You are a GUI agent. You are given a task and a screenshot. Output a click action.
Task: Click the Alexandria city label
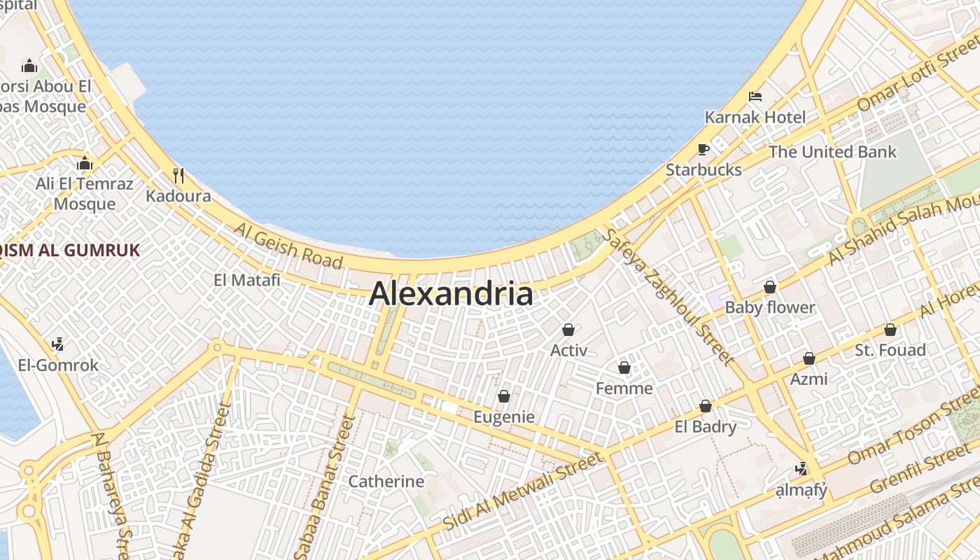coord(451,294)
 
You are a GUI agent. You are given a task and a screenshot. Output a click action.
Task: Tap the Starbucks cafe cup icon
coord(703,150)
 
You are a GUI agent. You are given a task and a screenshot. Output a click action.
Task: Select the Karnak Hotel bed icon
coord(755,97)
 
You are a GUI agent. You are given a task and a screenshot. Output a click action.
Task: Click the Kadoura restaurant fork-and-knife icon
coord(178,175)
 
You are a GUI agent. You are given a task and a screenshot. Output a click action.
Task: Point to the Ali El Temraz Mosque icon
coord(85,164)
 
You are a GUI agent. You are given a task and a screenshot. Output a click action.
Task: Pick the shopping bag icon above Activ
coord(568,330)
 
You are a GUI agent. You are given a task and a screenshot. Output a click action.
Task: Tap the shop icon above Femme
coord(624,367)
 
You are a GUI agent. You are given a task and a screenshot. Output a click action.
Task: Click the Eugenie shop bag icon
coord(503,397)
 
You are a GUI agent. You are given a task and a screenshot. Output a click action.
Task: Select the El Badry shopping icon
coord(705,407)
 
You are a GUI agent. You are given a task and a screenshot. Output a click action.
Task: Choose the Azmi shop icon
coord(808,359)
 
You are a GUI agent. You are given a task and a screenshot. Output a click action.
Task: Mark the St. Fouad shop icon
coord(890,330)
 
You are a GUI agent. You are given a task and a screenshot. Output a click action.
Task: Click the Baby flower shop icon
coord(770,287)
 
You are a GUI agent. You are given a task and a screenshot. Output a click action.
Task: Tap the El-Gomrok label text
coord(58,365)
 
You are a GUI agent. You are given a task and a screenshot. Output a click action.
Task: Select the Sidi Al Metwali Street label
coord(523,491)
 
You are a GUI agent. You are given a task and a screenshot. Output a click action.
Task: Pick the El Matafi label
coord(246,280)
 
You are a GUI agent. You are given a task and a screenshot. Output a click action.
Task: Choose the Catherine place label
coord(386,482)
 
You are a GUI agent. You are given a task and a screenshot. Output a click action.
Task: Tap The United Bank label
coord(832,152)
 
